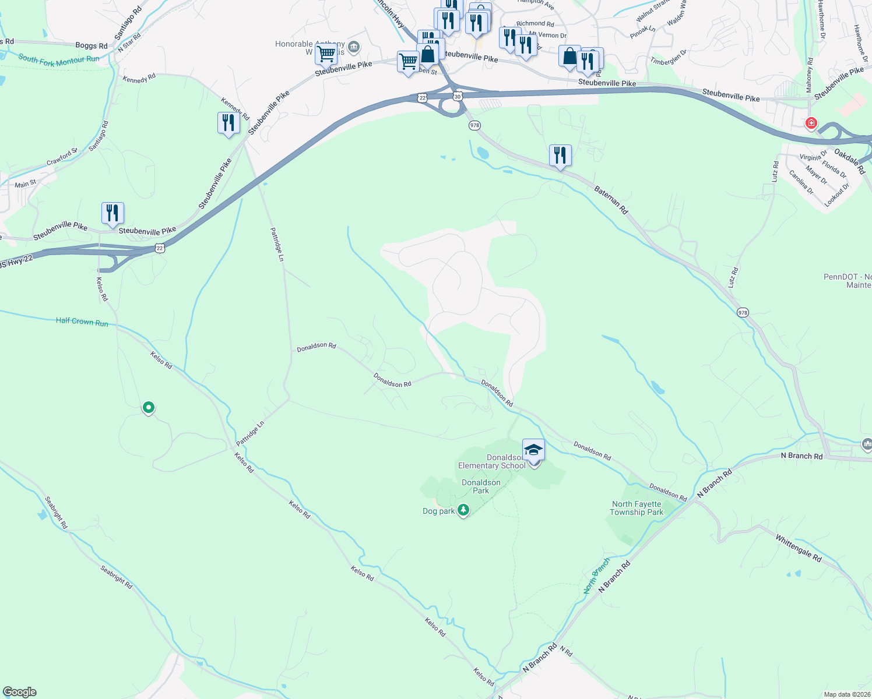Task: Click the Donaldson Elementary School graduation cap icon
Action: point(533,450)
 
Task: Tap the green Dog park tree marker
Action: point(463,510)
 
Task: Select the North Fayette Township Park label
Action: point(637,509)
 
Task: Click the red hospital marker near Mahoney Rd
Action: point(811,123)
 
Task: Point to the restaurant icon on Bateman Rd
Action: point(560,156)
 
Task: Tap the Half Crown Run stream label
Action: point(82,322)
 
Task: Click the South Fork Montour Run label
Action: point(58,60)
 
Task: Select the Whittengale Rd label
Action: point(798,548)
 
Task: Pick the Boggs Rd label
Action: point(92,45)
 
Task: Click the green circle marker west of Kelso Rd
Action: point(149,407)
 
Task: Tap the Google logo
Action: point(20,692)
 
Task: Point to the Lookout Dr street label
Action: point(837,195)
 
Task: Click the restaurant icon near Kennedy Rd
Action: point(228,123)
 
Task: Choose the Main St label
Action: point(26,184)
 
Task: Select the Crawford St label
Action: point(62,156)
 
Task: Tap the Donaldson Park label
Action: point(481,486)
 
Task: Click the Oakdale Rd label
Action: point(849,161)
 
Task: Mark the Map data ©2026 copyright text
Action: point(846,694)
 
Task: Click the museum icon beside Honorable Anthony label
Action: point(353,47)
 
